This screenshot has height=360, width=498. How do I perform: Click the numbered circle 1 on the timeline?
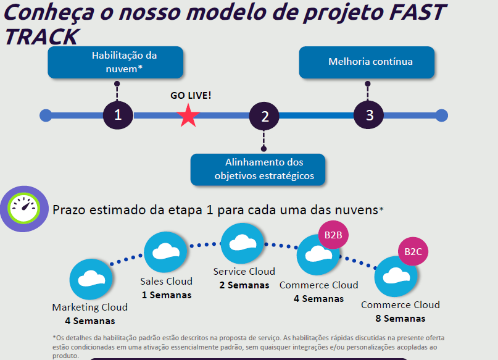pos(117,115)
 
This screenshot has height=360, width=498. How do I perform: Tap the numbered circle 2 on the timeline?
pos(265,115)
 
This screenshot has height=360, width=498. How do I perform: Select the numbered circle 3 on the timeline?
pos(369,115)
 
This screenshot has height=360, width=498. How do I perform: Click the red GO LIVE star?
pos(189,115)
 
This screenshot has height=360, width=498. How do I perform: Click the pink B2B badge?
pos(333,235)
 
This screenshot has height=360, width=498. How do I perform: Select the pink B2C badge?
pos(413,252)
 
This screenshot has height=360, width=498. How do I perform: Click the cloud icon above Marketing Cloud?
pos(90,280)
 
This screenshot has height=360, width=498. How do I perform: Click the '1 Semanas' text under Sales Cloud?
pos(166,295)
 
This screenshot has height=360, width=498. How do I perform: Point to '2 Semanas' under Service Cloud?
pos(244,285)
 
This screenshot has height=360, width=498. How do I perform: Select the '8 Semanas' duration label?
pos(400,318)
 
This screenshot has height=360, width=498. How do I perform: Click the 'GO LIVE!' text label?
pos(191,96)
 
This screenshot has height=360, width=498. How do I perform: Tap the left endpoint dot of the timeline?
pos(45,115)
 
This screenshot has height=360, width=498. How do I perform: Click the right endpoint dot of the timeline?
pos(441,115)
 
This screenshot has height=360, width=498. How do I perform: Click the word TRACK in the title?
pos(41,37)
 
